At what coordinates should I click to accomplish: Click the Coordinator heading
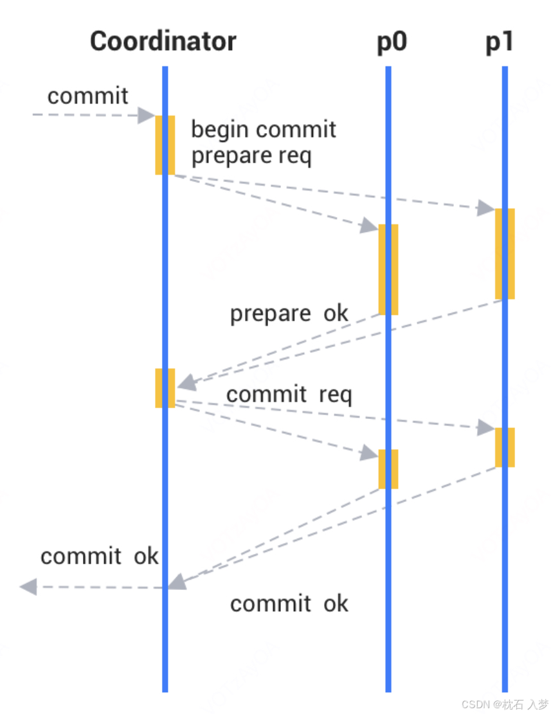[163, 42]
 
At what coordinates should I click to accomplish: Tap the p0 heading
[392, 42]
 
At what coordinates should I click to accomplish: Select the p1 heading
[499, 42]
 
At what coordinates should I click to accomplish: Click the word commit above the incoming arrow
[88, 96]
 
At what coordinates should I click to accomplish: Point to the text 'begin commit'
[264, 130]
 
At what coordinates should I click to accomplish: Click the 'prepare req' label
[251, 156]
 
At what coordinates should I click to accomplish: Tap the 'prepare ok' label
[289, 314]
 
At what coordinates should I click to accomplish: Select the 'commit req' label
[289, 394]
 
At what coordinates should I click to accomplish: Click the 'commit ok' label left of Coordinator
[99, 556]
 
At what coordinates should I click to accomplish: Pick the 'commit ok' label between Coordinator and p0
[289, 603]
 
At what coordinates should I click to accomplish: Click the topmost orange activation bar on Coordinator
[165, 145]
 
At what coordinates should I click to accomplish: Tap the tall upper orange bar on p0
[388, 269]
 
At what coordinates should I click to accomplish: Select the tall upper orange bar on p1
[505, 253]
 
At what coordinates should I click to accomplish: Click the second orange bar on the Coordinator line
[165, 388]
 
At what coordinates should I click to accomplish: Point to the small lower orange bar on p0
[388, 469]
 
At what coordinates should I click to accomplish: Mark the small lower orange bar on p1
[505, 447]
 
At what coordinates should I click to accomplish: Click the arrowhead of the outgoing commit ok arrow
[28, 587]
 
